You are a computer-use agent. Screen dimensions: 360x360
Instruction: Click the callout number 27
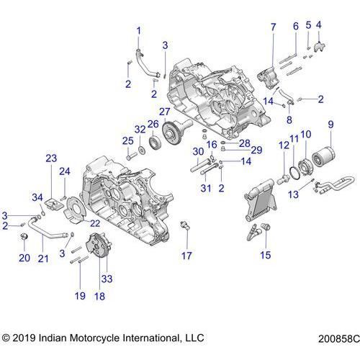(x=165, y=112)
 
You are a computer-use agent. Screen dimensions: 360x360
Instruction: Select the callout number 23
(x=51, y=158)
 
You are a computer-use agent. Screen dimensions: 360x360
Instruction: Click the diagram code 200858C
(x=339, y=338)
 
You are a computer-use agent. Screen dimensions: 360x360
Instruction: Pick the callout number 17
(x=186, y=256)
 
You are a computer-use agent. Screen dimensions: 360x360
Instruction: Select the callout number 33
(x=107, y=279)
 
